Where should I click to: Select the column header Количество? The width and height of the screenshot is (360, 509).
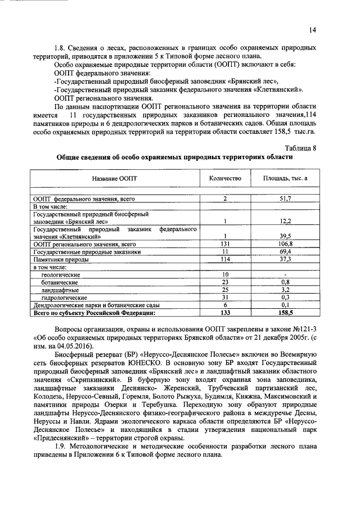(225, 178)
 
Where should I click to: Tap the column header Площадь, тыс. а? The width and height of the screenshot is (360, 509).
(286, 178)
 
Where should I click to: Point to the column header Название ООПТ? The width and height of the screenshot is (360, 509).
(115, 178)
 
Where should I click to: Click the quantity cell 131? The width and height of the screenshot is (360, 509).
(224, 244)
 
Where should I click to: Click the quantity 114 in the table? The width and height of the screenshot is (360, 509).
(224, 259)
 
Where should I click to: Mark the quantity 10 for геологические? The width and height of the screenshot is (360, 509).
(224, 274)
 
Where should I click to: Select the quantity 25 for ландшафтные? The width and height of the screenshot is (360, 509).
(224, 289)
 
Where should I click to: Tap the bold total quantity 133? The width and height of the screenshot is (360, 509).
(224, 312)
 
